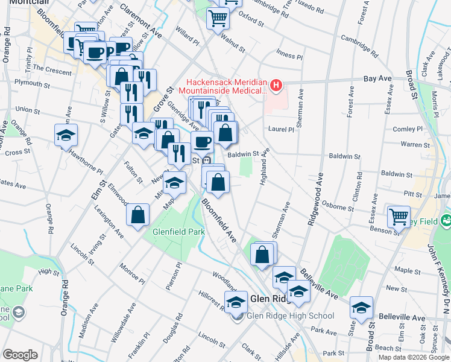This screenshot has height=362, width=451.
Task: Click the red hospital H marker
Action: point(276,86)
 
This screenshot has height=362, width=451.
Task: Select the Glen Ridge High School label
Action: point(292,316)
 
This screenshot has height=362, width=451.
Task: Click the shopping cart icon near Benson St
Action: point(399,217)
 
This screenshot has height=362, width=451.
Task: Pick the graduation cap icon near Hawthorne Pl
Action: point(66,135)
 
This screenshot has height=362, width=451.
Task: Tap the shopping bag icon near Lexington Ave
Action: point(138,214)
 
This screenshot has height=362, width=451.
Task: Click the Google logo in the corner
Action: point(20,354)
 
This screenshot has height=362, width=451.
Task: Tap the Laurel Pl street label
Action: point(282,129)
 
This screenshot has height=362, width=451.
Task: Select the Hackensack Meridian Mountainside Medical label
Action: point(226,86)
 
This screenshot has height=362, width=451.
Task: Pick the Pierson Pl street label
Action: point(175,275)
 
